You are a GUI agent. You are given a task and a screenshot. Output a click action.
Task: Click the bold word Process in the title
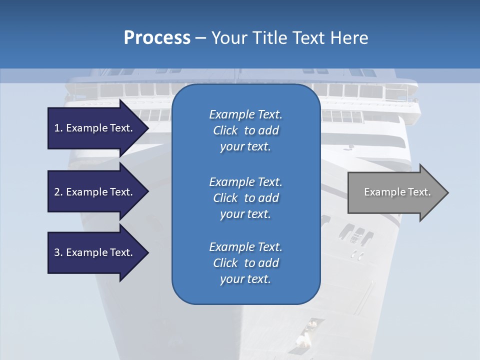tap(157, 38)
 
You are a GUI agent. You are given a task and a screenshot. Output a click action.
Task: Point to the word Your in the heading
tap(228, 38)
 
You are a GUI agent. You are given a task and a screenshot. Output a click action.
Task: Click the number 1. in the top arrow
tap(58, 128)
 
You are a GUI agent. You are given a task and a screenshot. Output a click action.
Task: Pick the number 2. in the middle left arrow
tap(58, 192)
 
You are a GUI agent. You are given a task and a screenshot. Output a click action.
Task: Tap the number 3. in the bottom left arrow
tap(58, 252)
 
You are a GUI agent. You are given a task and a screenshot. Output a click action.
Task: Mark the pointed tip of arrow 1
tap(148, 128)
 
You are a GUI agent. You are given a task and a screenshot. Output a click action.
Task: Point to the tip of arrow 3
tap(148, 252)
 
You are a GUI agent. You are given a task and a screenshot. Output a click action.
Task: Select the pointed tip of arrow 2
tap(148, 192)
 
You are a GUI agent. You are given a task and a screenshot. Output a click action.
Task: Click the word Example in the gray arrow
tap(382, 192)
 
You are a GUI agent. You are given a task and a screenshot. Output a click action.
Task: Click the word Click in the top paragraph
tap(225, 130)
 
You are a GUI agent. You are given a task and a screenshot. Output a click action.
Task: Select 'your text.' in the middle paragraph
tap(245, 214)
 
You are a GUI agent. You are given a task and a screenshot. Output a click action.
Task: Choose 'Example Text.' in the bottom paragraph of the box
tap(245, 247)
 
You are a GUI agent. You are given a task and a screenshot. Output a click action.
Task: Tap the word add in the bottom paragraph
tap(269, 263)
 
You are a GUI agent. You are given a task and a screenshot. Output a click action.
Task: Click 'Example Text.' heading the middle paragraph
tap(245, 182)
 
